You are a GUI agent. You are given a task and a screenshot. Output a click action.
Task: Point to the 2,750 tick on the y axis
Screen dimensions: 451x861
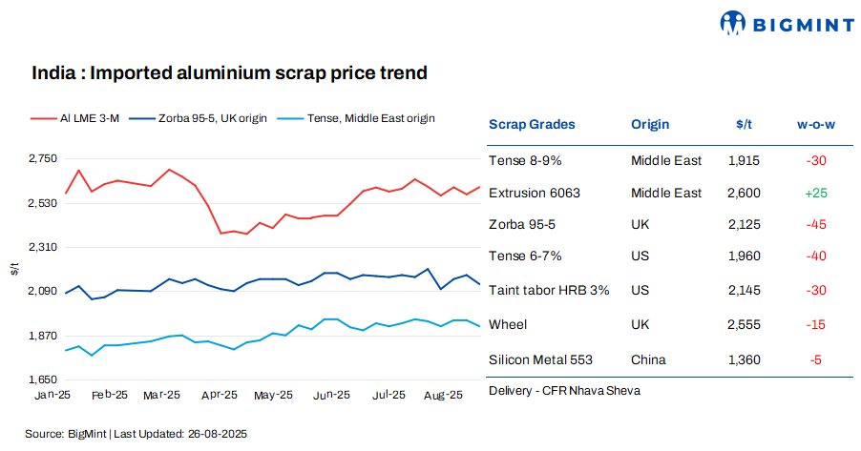[42, 158]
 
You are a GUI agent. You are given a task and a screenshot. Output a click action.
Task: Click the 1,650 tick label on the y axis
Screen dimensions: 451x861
[42, 379]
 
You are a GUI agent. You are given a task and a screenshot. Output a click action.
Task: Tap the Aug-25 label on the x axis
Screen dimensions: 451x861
[442, 395]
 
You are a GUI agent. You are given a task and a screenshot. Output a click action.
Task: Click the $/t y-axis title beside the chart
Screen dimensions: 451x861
[14, 270]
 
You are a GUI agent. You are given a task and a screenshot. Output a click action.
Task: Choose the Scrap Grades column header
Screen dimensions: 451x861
[532, 124]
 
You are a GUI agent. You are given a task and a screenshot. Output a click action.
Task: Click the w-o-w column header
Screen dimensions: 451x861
[816, 124]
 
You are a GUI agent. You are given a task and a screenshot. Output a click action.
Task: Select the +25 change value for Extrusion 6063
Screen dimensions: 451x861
[816, 193]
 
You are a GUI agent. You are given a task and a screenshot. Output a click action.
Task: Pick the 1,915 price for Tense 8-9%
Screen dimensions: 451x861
[744, 160]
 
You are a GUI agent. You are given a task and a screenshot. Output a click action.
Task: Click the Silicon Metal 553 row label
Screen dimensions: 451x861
[540, 359]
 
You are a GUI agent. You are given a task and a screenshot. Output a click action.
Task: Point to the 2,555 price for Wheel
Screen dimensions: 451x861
[744, 325]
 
